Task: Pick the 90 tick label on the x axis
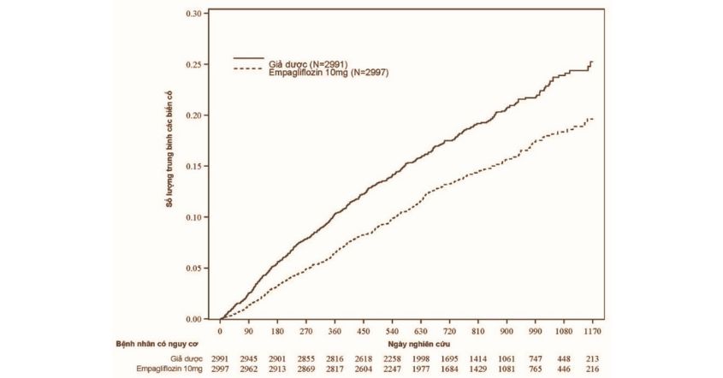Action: (x=249, y=330)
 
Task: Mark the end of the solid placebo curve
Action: (x=591, y=62)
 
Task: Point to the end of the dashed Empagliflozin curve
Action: (x=591, y=119)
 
